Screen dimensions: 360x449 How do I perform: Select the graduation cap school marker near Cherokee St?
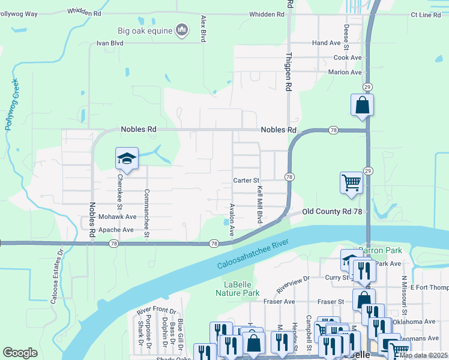click(127, 158)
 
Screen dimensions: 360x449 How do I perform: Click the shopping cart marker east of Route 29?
click(351, 182)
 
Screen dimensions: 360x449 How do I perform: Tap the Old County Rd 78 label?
click(332, 212)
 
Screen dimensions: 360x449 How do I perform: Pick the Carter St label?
click(246, 180)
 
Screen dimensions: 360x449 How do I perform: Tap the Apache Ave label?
click(116, 230)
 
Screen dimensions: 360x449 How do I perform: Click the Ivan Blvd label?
click(110, 43)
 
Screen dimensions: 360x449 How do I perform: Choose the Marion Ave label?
click(345, 72)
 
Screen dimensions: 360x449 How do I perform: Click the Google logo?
click(20, 353)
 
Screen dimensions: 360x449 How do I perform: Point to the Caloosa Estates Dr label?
click(53, 282)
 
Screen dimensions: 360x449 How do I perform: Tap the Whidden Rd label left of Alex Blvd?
click(85, 11)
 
